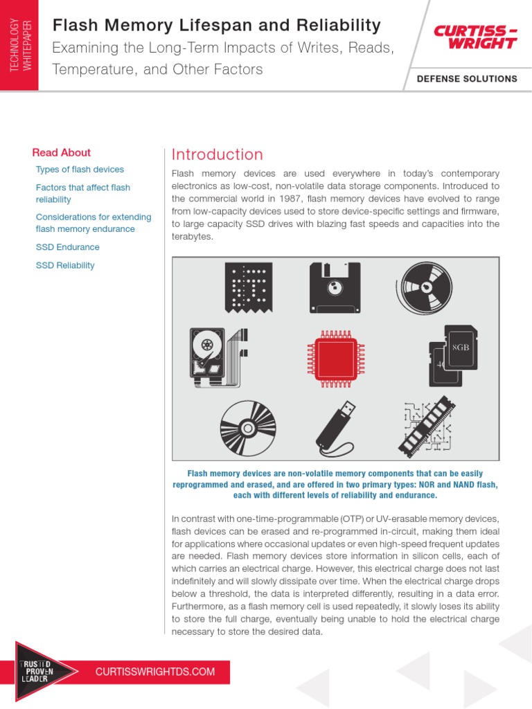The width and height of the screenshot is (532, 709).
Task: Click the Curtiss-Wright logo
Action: coord(475,37)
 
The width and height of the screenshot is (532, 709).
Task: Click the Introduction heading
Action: coord(217,154)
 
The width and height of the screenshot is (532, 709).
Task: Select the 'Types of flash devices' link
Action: coord(80,170)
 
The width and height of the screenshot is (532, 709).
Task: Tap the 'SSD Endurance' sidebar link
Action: coord(67,247)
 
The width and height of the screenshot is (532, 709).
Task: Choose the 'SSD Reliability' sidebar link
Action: coord(65,265)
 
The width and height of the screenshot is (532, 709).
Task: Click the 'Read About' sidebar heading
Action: coord(62,152)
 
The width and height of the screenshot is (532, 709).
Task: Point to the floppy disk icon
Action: coord(335,286)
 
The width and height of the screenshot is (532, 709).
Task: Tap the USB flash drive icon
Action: coord(335,423)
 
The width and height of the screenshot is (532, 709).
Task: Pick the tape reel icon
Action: coord(424,287)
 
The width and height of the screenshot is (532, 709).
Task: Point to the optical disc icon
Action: coord(248,424)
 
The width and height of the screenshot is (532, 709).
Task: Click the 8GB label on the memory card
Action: coord(461,346)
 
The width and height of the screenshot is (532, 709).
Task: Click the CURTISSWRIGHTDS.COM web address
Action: coord(155,672)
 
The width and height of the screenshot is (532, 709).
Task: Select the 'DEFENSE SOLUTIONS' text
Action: coord(467,79)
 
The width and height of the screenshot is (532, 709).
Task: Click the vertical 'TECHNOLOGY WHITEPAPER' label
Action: coord(19,44)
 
